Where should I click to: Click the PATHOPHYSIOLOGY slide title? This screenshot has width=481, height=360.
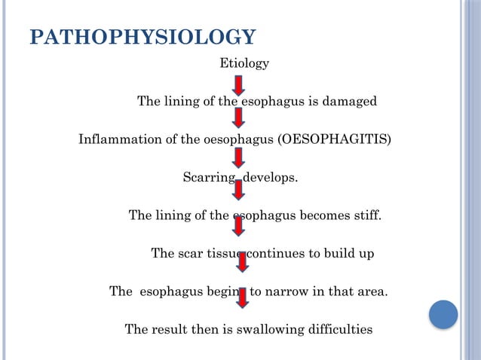point(142,38)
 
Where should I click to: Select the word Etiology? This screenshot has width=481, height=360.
point(244,64)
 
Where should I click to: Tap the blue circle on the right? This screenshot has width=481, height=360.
point(443,314)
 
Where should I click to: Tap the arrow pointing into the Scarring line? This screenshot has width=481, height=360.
point(238,157)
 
